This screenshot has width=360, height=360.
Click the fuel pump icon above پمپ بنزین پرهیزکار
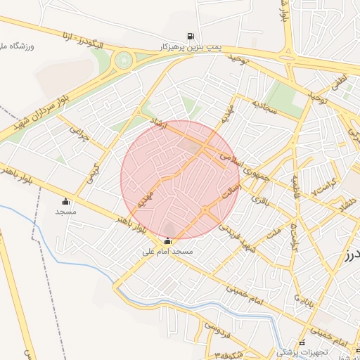click(190, 37)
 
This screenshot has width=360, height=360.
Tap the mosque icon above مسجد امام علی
click(167, 241)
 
